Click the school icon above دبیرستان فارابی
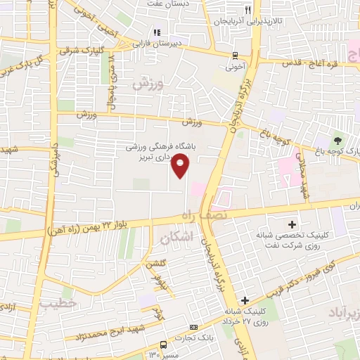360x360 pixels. [157, 32]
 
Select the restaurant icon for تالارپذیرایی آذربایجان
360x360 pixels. [247, 11]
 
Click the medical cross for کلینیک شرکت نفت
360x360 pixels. [311, 224]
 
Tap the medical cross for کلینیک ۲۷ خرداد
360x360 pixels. [244, 300]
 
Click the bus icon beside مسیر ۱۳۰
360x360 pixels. [163, 345]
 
